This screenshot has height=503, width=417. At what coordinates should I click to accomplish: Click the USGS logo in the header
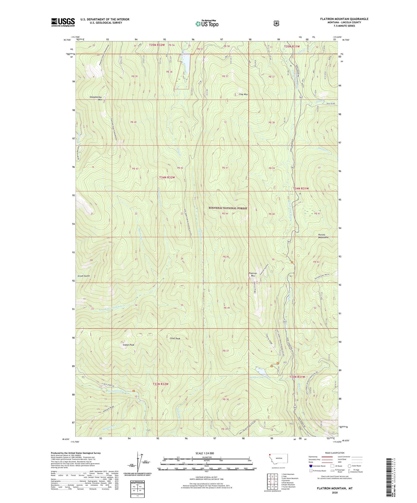[63, 22]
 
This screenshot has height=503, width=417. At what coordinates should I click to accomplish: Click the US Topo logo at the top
[207, 24]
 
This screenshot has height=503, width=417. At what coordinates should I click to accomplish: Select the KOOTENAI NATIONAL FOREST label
[228, 208]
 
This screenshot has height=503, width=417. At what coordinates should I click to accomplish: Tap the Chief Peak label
[175, 339]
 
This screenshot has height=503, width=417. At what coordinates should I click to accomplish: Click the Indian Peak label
[128, 345]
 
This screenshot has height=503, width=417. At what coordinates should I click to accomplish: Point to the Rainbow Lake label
[257, 377]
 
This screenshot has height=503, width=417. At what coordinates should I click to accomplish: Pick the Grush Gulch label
[84, 276]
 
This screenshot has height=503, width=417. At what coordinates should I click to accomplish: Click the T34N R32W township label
[167, 177]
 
